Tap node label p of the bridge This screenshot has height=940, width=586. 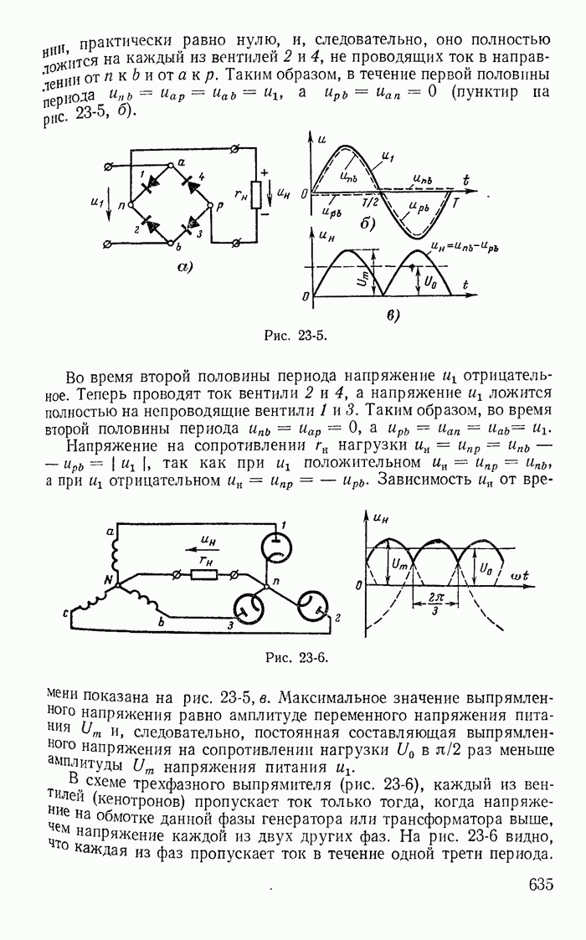[x=219, y=203]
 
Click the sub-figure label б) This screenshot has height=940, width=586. [x=366, y=223]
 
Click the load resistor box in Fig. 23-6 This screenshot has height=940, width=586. [x=204, y=575]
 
